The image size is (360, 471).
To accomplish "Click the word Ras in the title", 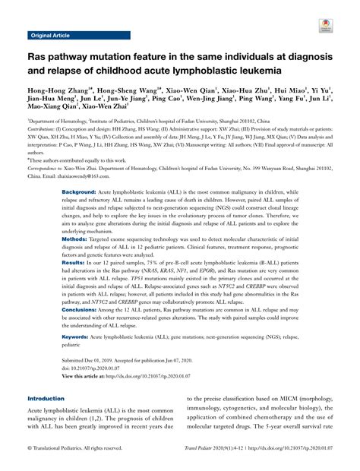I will point(38,58).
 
